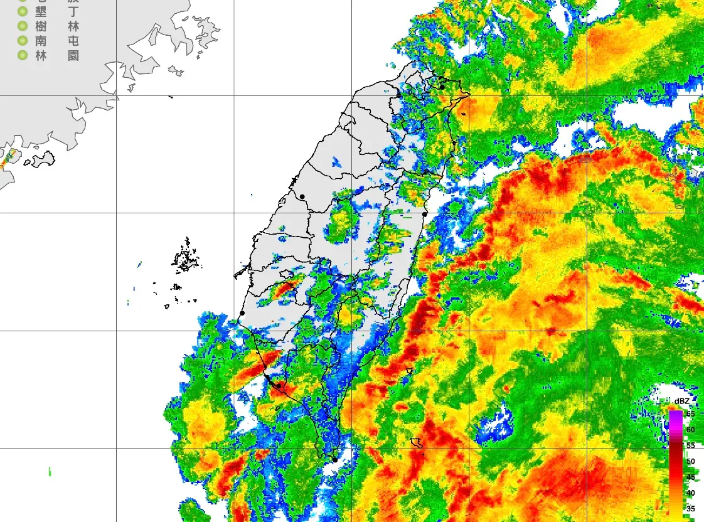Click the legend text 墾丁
tap(57, 12)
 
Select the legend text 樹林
tap(57, 26)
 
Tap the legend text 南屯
tap(57, 41)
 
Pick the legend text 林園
tap(57, 55)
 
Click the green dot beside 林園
tap(23, 55)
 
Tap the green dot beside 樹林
tap(23, 26)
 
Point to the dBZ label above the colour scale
tap(682, 401)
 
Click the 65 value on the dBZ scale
tap(690, 414)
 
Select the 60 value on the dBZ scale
tap(690, 430)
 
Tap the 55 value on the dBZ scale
tap(690, 445)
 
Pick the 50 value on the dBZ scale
tap(690, 462)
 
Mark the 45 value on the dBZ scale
tap(690, 477)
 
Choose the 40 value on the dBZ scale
tap(690, 493)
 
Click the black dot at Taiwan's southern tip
tap(335, 460)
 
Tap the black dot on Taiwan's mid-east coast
tap(425, 215)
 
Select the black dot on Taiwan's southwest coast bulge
tap(242, 313)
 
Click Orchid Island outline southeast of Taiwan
tap(416, 443)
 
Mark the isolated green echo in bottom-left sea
tap(50, 471)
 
